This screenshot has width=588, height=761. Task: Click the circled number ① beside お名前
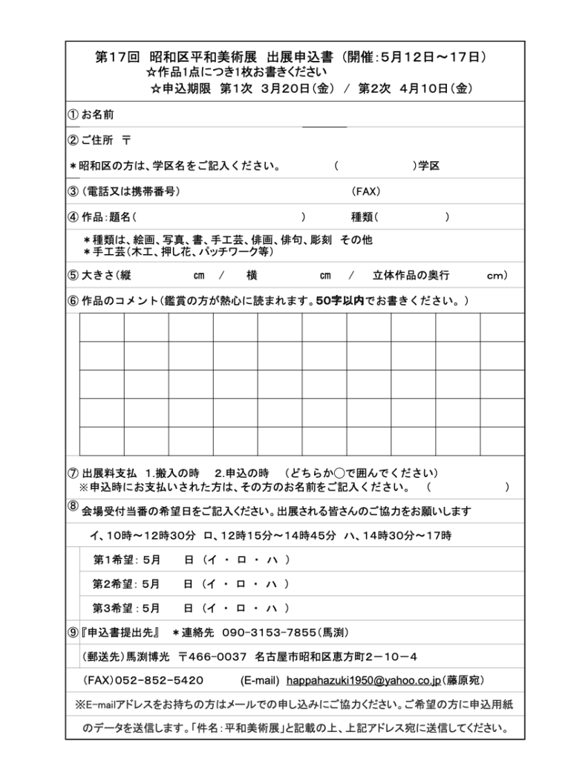[x=73, y=115]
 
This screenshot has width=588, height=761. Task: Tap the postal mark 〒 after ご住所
[x=126, y=140]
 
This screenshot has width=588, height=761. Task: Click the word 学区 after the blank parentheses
[x=430, y=166]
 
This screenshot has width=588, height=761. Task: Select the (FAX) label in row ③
[x=366, y=191]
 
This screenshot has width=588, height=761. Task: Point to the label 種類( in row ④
[x=365, y=217]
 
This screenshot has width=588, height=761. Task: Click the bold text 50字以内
[x=340, y=301]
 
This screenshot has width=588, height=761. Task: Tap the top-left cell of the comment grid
[x=102, y=328]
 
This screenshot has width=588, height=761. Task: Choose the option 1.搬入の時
[x=172, y=473]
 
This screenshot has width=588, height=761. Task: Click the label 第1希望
[x=112, y=559]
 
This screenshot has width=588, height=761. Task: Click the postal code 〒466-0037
[x=212, y=656]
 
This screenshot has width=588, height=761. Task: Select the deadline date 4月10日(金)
[x=435, y=88]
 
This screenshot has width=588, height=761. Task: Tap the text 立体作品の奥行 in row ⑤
[x=411, y=275]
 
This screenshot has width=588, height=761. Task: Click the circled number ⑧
[x=73, y=505]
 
